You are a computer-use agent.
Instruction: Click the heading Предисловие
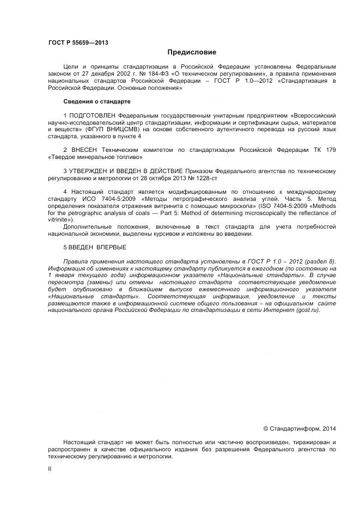click(192, 52)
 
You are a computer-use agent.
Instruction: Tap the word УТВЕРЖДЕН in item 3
click(89, 170)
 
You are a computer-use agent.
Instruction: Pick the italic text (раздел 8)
click(319, 261)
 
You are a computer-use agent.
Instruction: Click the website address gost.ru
click(307, 310)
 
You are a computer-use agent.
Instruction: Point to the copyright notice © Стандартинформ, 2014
click(300, 428)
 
